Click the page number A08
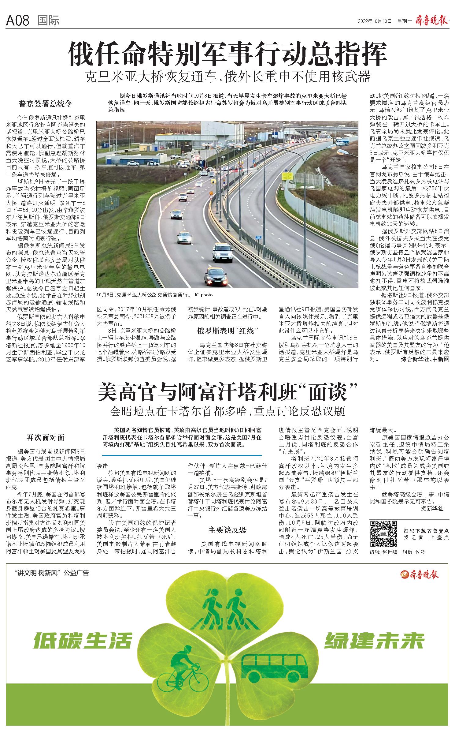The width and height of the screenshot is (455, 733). (x=17, y=21)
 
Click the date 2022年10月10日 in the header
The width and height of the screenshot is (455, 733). (x=375, y=21)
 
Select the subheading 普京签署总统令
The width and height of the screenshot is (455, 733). (x=46, y=104)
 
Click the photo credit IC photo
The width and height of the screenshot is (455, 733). (x=203, y=295)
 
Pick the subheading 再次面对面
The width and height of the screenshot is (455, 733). (x=46, y=438)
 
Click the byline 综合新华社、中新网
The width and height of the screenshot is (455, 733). (x=425, y=359)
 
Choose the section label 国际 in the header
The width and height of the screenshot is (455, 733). (x=48, y=21)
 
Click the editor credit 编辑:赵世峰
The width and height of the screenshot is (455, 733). (x=383, y=552)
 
